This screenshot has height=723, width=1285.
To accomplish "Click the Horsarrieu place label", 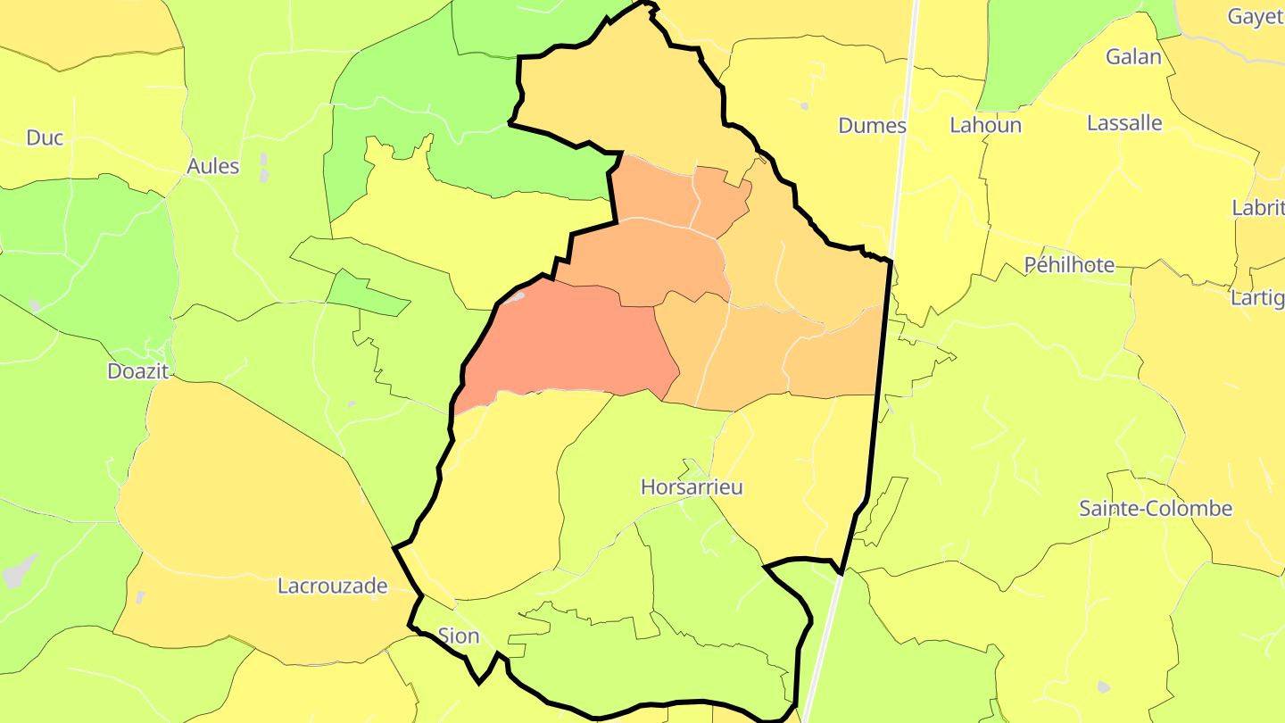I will pos(692,487).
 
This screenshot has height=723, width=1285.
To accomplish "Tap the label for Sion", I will pos(459,636).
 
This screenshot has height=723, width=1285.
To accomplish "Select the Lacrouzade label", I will pos(333,586).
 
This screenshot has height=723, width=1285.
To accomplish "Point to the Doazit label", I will pos(138,371).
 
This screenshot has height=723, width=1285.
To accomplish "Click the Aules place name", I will pos(213,166).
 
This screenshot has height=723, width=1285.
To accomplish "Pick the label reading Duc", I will pos(45,137).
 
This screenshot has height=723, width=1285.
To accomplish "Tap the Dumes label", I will pos(872,126).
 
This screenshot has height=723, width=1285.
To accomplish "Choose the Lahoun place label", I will pos(985,125).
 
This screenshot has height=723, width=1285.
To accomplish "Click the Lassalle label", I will pos(1125,123).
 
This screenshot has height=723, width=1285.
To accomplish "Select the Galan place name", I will pos(1133,57).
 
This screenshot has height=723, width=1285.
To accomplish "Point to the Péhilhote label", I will pos(1069,265).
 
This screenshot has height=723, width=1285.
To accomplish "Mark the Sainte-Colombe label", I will pos(1156,509).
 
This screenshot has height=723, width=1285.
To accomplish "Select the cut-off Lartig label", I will pos(1257,297).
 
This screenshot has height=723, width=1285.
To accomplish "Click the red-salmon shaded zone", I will pos(571,344).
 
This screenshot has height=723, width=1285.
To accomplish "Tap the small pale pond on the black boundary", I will pos(515,296).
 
